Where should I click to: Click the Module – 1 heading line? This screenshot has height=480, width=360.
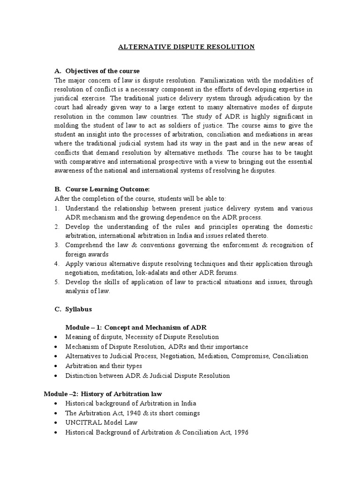[136, 327]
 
